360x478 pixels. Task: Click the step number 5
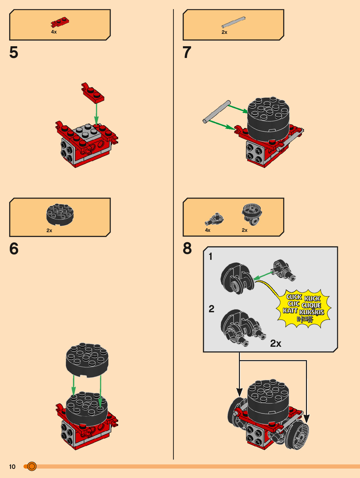(14, 52)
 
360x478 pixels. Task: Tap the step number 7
(187, 52)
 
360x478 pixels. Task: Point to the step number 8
(187, 248)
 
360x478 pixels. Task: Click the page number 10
(12, 467)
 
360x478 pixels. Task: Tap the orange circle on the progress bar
(32, 466)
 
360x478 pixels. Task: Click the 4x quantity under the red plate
(54, 32)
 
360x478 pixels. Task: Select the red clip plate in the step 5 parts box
(60, 22)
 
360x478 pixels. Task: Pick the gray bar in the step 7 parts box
(233, 22)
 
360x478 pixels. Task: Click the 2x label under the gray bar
(224, 32)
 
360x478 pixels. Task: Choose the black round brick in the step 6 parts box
(60, 215)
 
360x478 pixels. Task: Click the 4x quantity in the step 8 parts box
(208, 230)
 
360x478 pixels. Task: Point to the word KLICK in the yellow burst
(312, 298)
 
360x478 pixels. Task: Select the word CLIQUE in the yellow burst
(311, 305)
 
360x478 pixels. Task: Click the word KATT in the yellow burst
(290, 311)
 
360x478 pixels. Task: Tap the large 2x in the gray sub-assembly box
(276, 344)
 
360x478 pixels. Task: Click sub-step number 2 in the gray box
(211, 309)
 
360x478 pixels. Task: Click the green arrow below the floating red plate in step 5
(96, 114)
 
